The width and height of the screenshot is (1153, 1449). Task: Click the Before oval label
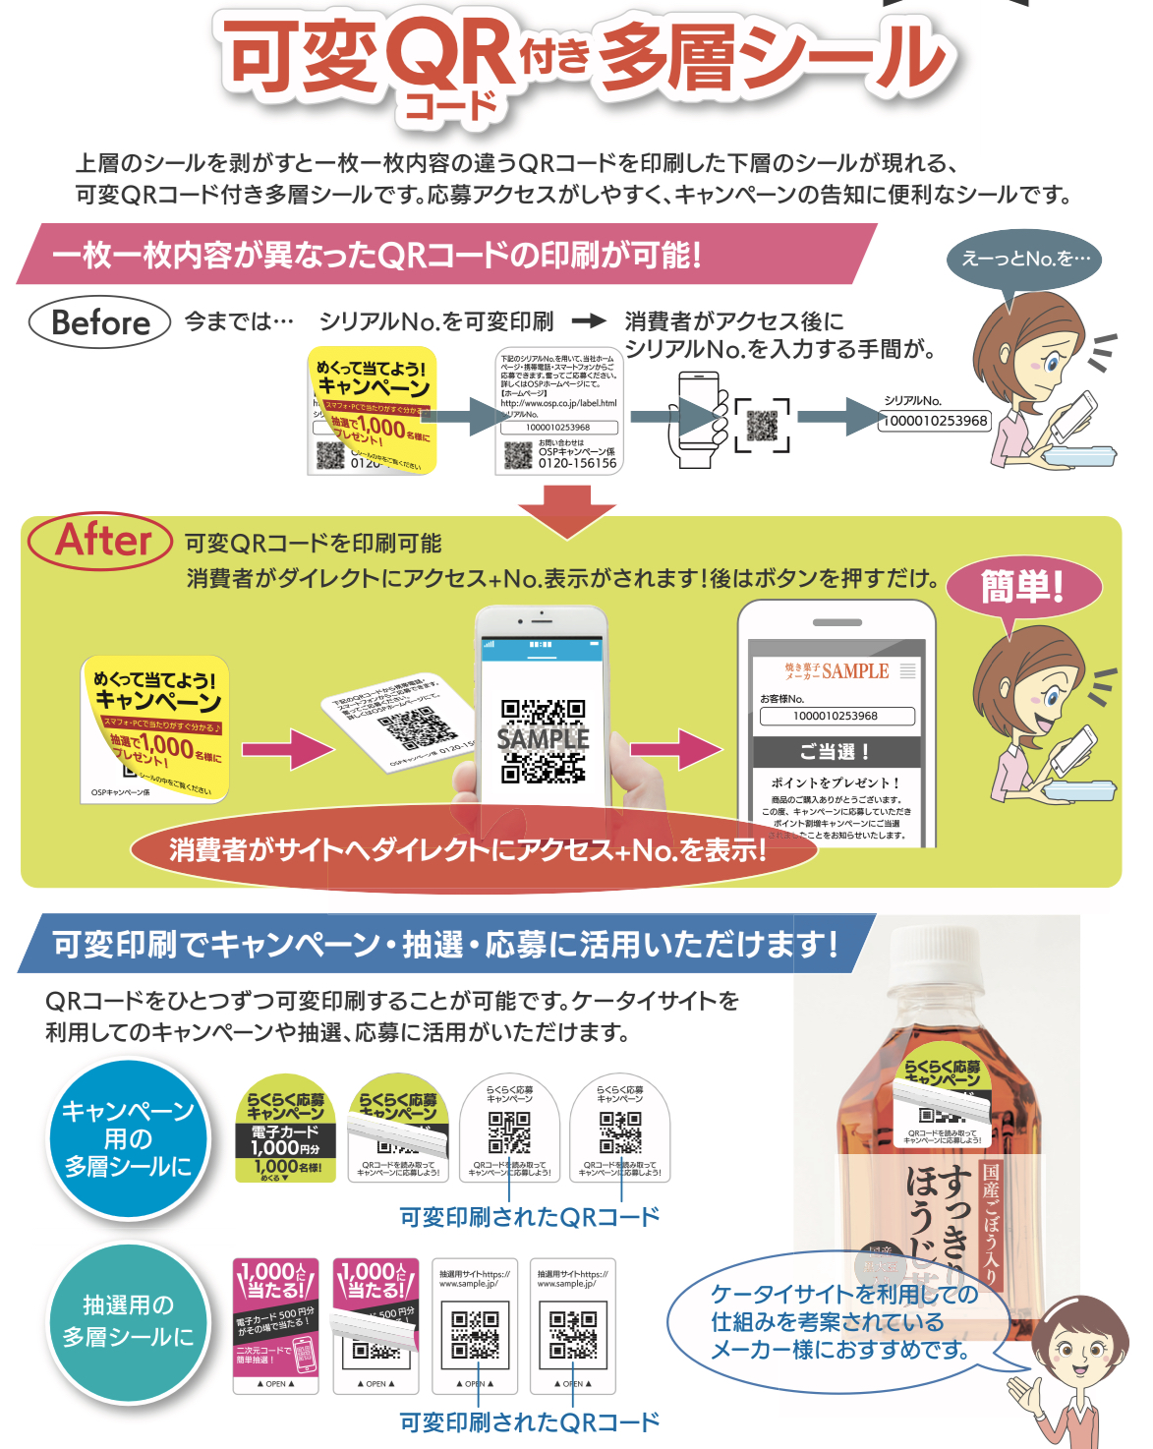coord(99,322)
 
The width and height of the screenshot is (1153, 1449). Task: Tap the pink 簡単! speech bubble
coord(1022,588)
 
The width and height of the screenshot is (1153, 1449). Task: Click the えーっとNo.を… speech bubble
coord(1024,260)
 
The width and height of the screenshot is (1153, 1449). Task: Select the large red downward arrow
coord(567,510)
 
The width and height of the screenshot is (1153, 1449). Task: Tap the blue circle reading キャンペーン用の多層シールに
coord(129,1138)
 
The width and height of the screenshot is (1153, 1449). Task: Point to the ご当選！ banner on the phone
coord(836,752)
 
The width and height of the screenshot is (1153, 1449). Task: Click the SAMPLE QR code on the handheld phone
coord(543,740)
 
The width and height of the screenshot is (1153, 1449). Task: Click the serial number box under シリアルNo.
coord(936,421)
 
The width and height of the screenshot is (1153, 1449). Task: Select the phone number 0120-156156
coord(577,463)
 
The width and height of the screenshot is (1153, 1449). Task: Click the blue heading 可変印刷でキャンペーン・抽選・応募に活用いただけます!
coord(444,945)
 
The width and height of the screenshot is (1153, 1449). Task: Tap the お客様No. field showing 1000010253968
coord(836,716)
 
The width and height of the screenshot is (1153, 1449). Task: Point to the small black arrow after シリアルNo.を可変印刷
coord(589,320)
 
